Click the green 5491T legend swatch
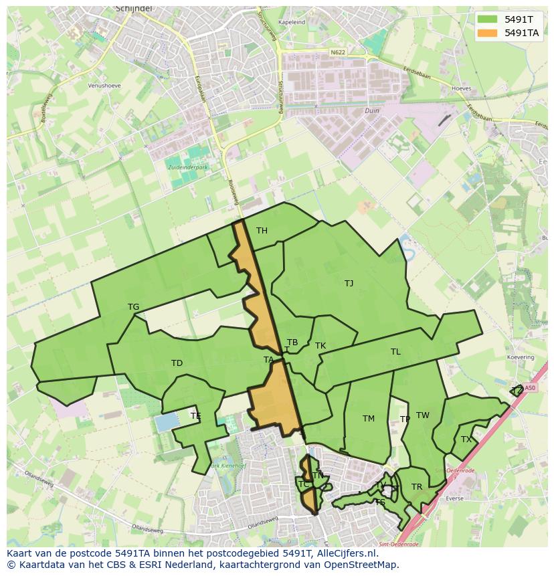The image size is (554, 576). pyautogui.click(x=487, y=19)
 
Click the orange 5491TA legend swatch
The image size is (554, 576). pyautogui.click(x=487, y=33)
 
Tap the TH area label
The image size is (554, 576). pyautogui.click(x=262, y=231)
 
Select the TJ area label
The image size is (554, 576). pyautogui.click(x=349, y=284)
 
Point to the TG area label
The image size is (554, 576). pyautogui.click(x=134, y=307)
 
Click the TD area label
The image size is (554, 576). pyautogui.click(x=177, y=363)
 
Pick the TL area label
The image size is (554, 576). pyautogui.click(x=395, y=352)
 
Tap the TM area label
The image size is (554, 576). pyautogui.click(x=369, y=419)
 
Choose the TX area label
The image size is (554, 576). pyautogui.click(x=466, y=440)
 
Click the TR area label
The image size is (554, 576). pyautogui.click(x=417, y=487)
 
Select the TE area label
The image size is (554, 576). pyautogui.click(x=195, y=416)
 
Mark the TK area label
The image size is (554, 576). pyautogui.click(x=320, y=346)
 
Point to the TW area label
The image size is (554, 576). pyautogui.click(x=423, y=415)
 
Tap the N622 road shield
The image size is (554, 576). pyautogui.click(x=339, y=52)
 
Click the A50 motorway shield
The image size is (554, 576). pyautogui.click(x=530, y=387)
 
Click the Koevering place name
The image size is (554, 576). pyautogui.click(x=521, y=358)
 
